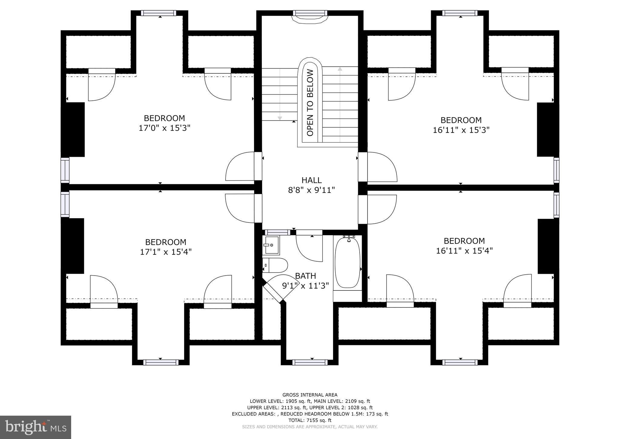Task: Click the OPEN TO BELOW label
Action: tap(310, 103)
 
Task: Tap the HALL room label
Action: tap(311, 180)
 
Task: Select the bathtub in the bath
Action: tap(347, 263)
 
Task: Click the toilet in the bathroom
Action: tap(275, 266)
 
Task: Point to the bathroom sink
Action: tap(272, 245)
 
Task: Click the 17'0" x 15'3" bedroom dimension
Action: tap(164, 128)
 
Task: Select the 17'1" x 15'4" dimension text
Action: tap(166, 252)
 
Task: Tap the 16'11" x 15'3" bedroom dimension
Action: tap(461, 130)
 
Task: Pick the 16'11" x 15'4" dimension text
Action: tap(464, 251)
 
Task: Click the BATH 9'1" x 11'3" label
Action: tap(305, 281)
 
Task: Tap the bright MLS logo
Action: tap(36, 427)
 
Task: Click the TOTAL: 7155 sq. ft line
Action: tap(310, 420)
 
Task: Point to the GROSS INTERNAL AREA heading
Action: tap(310, 395)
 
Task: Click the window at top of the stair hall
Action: tap(310, 13)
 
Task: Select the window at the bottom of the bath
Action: tap(310, 362)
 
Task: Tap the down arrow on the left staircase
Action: tap(280, 118)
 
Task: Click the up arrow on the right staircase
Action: tap(340, 69)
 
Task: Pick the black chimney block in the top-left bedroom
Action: tap(73, 129)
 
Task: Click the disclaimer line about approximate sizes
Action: tap(310, 427)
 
